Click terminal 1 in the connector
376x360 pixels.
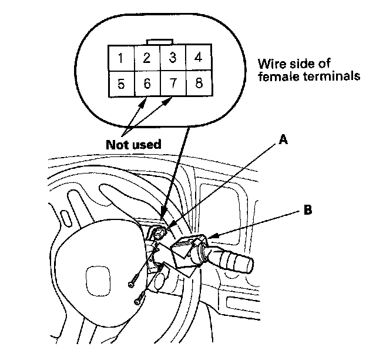120,58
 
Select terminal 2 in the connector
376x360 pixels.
147,58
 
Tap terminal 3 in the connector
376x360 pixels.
173,58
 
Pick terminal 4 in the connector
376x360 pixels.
199,58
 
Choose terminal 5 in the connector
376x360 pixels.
120,84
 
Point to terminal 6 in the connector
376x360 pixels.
147,84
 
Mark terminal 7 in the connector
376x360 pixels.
173,84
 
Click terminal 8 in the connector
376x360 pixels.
199,84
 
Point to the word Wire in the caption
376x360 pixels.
270,64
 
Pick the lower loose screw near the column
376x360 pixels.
139,301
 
